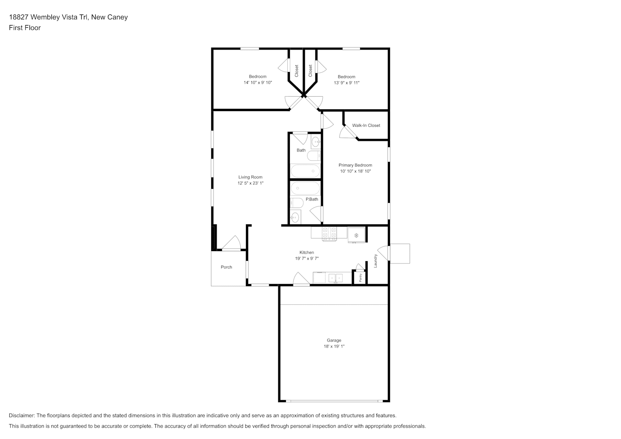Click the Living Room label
(250, 177)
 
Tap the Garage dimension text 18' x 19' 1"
(334, 346)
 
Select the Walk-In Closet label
(366, 126)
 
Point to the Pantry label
(361, 277)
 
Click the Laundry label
(375, 261)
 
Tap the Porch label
(226, 267)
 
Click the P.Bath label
(312, 199)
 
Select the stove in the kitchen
(329, 234)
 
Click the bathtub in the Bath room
(305, 171)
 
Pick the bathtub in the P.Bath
(305, 188)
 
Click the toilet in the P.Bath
(296, 203)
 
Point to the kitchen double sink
(336, 278)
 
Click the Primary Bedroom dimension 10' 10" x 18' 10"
(355, 171)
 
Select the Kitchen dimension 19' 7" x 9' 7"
(307, 259)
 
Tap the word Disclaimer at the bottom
(22, 415)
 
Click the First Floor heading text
(25, 28)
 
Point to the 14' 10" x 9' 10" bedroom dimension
(257, 83)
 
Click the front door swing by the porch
(231, 243)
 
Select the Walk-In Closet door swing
(347, 132)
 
